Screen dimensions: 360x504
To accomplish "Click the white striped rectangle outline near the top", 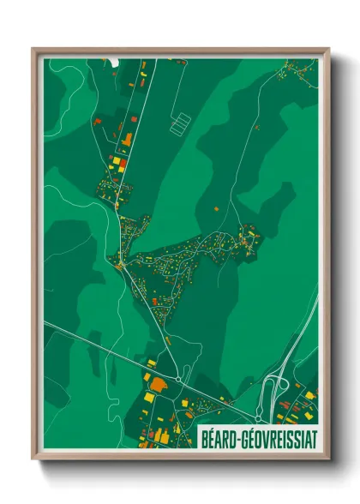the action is [x=181, y=124].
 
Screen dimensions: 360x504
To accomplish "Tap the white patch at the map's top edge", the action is [x=114, y=62].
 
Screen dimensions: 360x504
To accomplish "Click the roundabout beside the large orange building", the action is [x=177, y=378].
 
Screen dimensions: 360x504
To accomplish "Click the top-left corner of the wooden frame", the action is [x=34, y=50].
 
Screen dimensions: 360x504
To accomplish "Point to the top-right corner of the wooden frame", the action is [x=327, y=50].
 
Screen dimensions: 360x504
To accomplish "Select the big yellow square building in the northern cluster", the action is [x=113, y=161].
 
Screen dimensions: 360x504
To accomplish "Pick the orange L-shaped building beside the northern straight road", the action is [x=127, y=139].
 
